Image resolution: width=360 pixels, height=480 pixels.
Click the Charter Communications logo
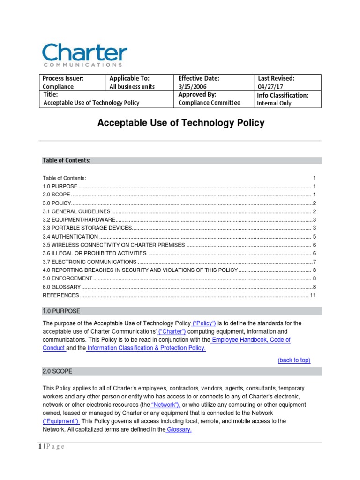(84, 55)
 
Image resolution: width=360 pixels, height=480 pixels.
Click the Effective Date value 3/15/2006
(192, 87)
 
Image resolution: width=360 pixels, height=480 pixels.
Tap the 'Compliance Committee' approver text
(209, 103)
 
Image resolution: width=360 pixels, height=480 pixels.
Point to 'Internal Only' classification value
(274, 103)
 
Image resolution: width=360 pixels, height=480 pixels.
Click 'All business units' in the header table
(132, 87)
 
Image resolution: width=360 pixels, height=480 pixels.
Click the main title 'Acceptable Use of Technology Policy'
(180, 123)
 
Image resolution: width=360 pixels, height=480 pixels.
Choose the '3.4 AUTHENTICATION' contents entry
(70, 237)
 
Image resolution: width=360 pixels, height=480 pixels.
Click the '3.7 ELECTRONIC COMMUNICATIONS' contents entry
(90, 262)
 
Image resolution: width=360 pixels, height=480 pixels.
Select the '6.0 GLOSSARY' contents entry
(62, 287)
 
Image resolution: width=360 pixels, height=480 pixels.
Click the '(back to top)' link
(294, 360)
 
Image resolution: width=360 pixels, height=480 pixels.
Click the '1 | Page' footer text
(52, 447)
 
